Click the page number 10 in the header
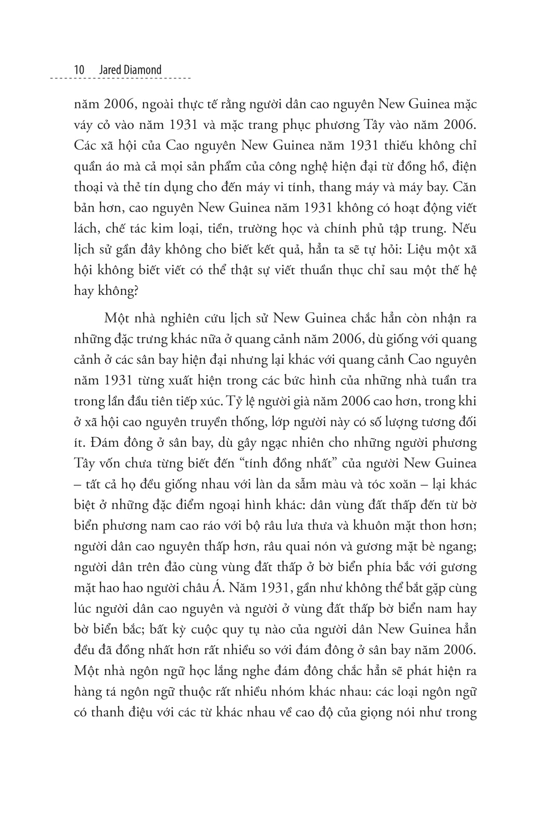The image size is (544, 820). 79,70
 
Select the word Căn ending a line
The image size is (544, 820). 466,187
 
